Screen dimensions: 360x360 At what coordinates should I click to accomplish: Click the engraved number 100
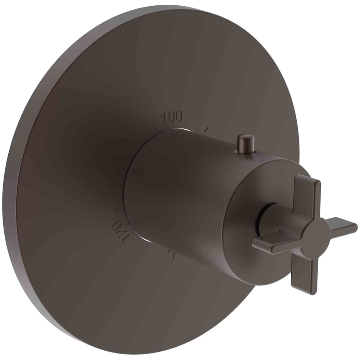172,117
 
